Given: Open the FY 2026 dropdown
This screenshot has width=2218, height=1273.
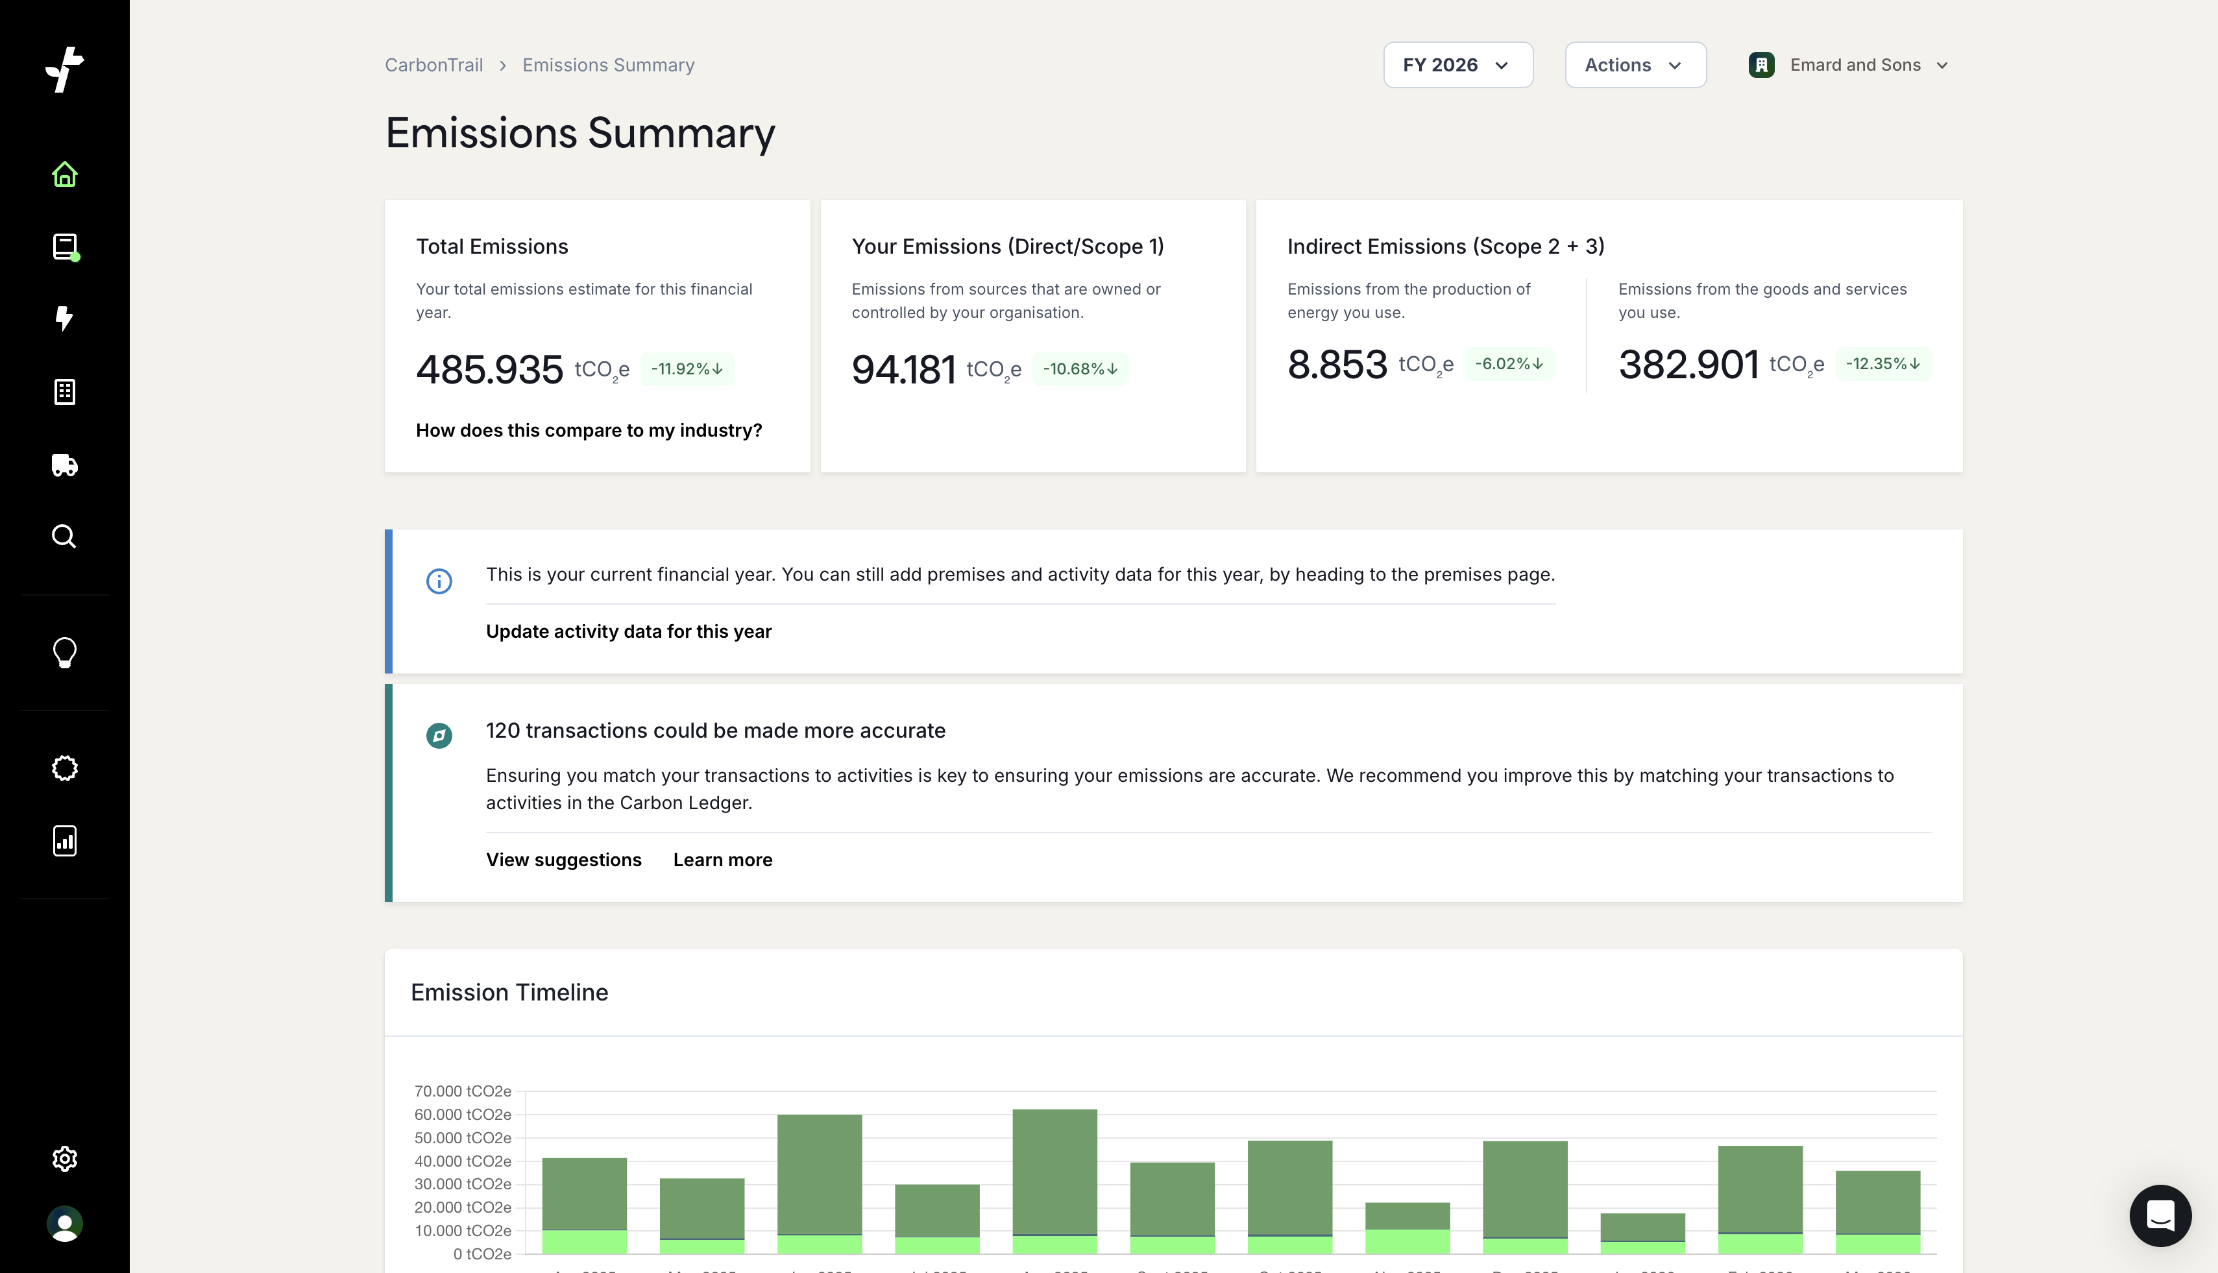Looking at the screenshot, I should pos(1457,65).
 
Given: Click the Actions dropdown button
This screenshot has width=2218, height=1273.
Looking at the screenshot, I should pos(1634,65).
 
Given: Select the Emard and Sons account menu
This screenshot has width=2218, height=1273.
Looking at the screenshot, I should pos(1849,65).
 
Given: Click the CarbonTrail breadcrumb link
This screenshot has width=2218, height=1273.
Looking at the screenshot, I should pos(433,65).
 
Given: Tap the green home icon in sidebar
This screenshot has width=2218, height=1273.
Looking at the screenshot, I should pos(65,174).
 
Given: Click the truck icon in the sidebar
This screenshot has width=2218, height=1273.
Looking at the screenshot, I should pos(65,465).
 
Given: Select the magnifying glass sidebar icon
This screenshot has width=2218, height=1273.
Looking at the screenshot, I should pos(65,536).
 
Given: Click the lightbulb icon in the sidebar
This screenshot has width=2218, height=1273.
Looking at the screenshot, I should pos(65,652).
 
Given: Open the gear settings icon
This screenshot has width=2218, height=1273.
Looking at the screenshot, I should pos(65,1158).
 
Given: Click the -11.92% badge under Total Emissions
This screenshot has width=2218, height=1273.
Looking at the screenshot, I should pos(687,369).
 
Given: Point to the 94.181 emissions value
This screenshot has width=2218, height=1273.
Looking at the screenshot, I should pos(903,369).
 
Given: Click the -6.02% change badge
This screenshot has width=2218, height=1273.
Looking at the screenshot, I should pos(1509,364).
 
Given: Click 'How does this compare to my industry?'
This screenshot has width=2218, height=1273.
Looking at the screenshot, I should pos(589,430).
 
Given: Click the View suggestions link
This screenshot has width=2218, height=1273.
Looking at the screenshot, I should pos(563,860).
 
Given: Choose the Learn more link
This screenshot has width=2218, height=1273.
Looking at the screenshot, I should pos(722,860).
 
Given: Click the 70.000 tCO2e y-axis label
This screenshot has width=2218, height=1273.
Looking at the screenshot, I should pos(463,1091).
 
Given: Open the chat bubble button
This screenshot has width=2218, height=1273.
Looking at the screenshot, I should pos(2160,1215).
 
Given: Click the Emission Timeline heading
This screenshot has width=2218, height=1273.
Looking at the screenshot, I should pos(509,992).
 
